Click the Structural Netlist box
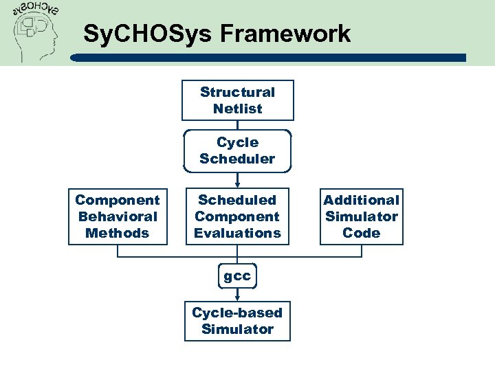(237, 100)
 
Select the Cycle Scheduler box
(237, 150)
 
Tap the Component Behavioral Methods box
(118, 216)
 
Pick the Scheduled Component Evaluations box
(237, 216)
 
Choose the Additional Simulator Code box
(361, 216)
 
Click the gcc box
(237, 276)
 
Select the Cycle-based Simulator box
(237, 321)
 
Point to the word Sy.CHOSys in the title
(137, 33)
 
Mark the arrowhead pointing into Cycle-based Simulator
(237, 297)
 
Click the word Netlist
(237, 109)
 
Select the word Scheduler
(237, 159)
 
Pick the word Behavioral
(118, 216)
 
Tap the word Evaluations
(237, 233)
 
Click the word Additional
(361, 200)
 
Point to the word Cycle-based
(237, 313)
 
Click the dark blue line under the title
(275, 58)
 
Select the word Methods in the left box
(118, 233)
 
